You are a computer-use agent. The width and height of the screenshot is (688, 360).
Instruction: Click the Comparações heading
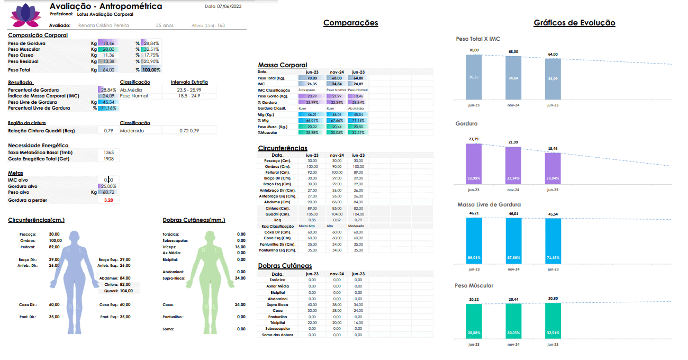(350, 23)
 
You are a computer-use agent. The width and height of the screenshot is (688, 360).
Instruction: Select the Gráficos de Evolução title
(574, 23)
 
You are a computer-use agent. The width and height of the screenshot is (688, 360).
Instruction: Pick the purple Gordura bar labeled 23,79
(474, 164)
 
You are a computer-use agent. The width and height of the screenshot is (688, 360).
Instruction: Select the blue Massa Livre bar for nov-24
(513, 241)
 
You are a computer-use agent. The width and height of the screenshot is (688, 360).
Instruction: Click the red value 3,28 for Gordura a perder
(108, 200)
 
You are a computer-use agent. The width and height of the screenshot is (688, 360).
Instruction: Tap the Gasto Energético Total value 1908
(108, 159)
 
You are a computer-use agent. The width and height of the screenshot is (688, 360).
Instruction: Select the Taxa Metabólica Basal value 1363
(108, 152)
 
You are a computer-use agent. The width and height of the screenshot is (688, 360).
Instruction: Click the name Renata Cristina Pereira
(104, 25)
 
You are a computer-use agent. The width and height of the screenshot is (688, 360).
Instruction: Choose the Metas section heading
(15, 173)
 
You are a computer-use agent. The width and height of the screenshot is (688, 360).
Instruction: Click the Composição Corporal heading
(38, 35)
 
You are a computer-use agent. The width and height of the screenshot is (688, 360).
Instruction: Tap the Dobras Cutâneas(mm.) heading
(194, 220)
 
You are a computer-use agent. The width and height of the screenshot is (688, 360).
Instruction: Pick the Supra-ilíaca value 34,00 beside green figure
(240, 278)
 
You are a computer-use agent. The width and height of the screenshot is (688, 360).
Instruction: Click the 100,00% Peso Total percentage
(151, 70)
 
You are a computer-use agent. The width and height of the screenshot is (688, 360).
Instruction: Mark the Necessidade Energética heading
(38, 146)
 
